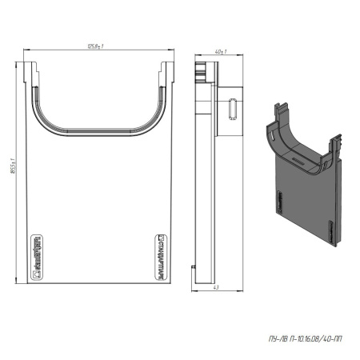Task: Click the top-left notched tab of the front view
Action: tap(34, 74)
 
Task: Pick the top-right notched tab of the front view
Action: tap(165, 74)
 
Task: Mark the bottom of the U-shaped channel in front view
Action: tap(98, 127)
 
